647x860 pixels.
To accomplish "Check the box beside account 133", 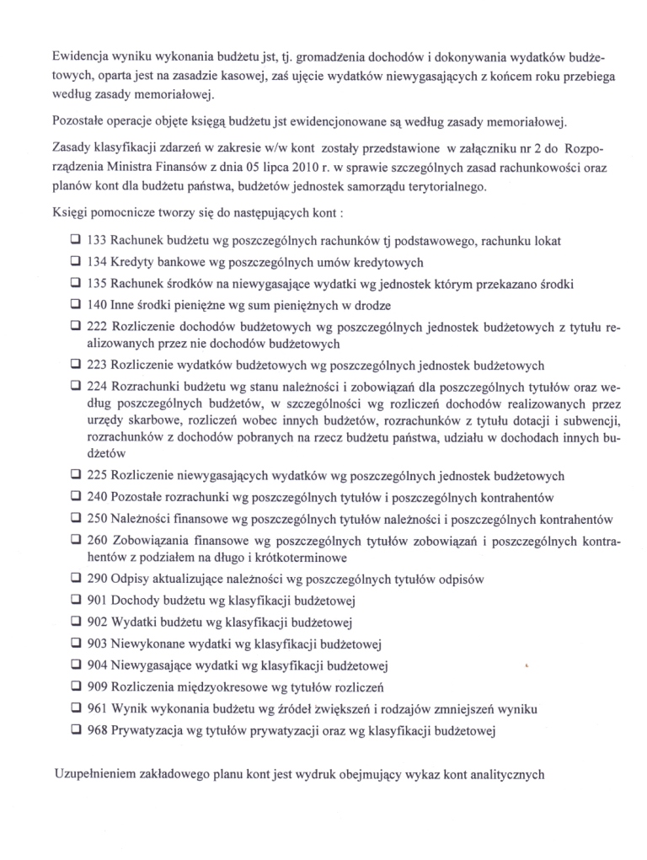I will (75, 240).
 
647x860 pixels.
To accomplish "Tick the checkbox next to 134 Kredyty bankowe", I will (75, 261).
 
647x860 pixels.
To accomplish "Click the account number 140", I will (97, 304).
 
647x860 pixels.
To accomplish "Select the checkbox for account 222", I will (75, 327).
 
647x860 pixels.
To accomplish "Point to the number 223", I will (97, 366).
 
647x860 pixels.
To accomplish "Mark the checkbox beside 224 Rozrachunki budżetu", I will (75, 387).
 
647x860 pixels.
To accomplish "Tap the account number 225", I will (97, 475).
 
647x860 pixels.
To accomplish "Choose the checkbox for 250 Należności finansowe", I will (75, 519).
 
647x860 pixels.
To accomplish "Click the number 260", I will (97, 540).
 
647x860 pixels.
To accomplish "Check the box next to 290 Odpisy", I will (75, 580).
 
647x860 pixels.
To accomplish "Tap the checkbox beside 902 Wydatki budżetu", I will (75, 623).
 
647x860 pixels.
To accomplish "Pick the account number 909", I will (97, 688).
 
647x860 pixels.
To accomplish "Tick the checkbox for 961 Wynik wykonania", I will (75, 708).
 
